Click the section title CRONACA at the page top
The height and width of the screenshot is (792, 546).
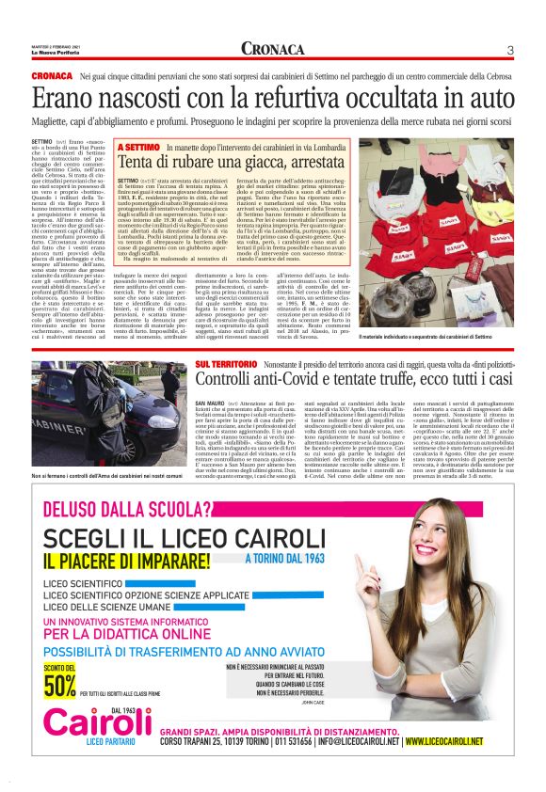(x=272, y=50)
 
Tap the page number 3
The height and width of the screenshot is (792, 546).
(x=509, y=50)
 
